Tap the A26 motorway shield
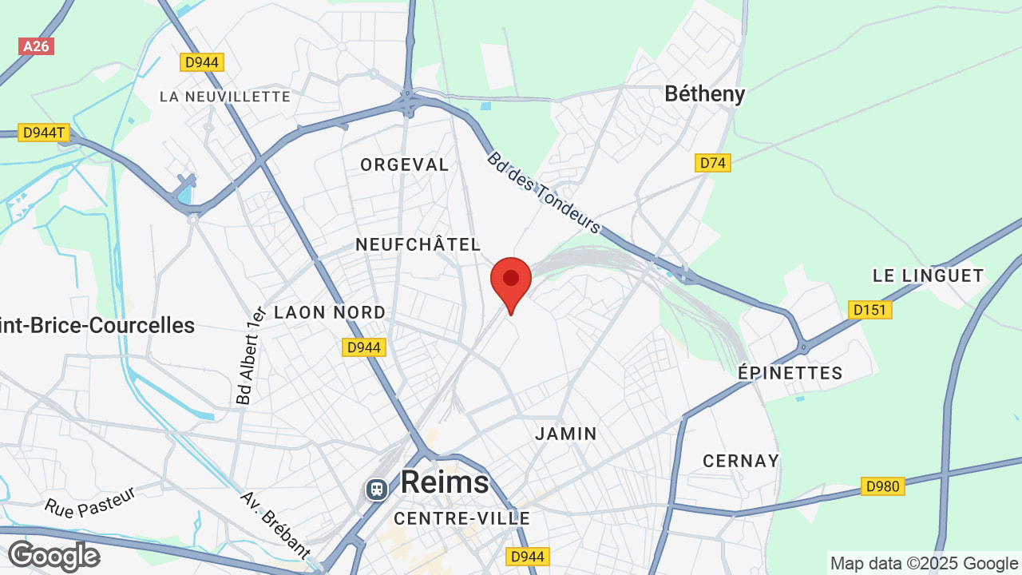click(36, 46)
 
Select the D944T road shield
click(43, 133)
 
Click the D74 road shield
click(713, 163)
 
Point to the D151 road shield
click(869, 309)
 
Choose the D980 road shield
click(882, 486)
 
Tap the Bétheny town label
click(705, 94)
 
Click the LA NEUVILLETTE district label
click(225, 97)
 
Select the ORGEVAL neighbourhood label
click(405, 165)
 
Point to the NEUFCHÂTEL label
click(418, 244)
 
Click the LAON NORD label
click(330, 312)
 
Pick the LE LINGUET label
click(929, 276)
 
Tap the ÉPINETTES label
click(790, 373)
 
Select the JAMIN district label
click(566, 434)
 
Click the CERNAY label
click(741, 461)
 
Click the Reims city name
click(445, 482)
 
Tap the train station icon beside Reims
click(376, 488)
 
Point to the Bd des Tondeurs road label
click(543, 192)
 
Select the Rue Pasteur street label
click(89, 497)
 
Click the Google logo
click(53, 555)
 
